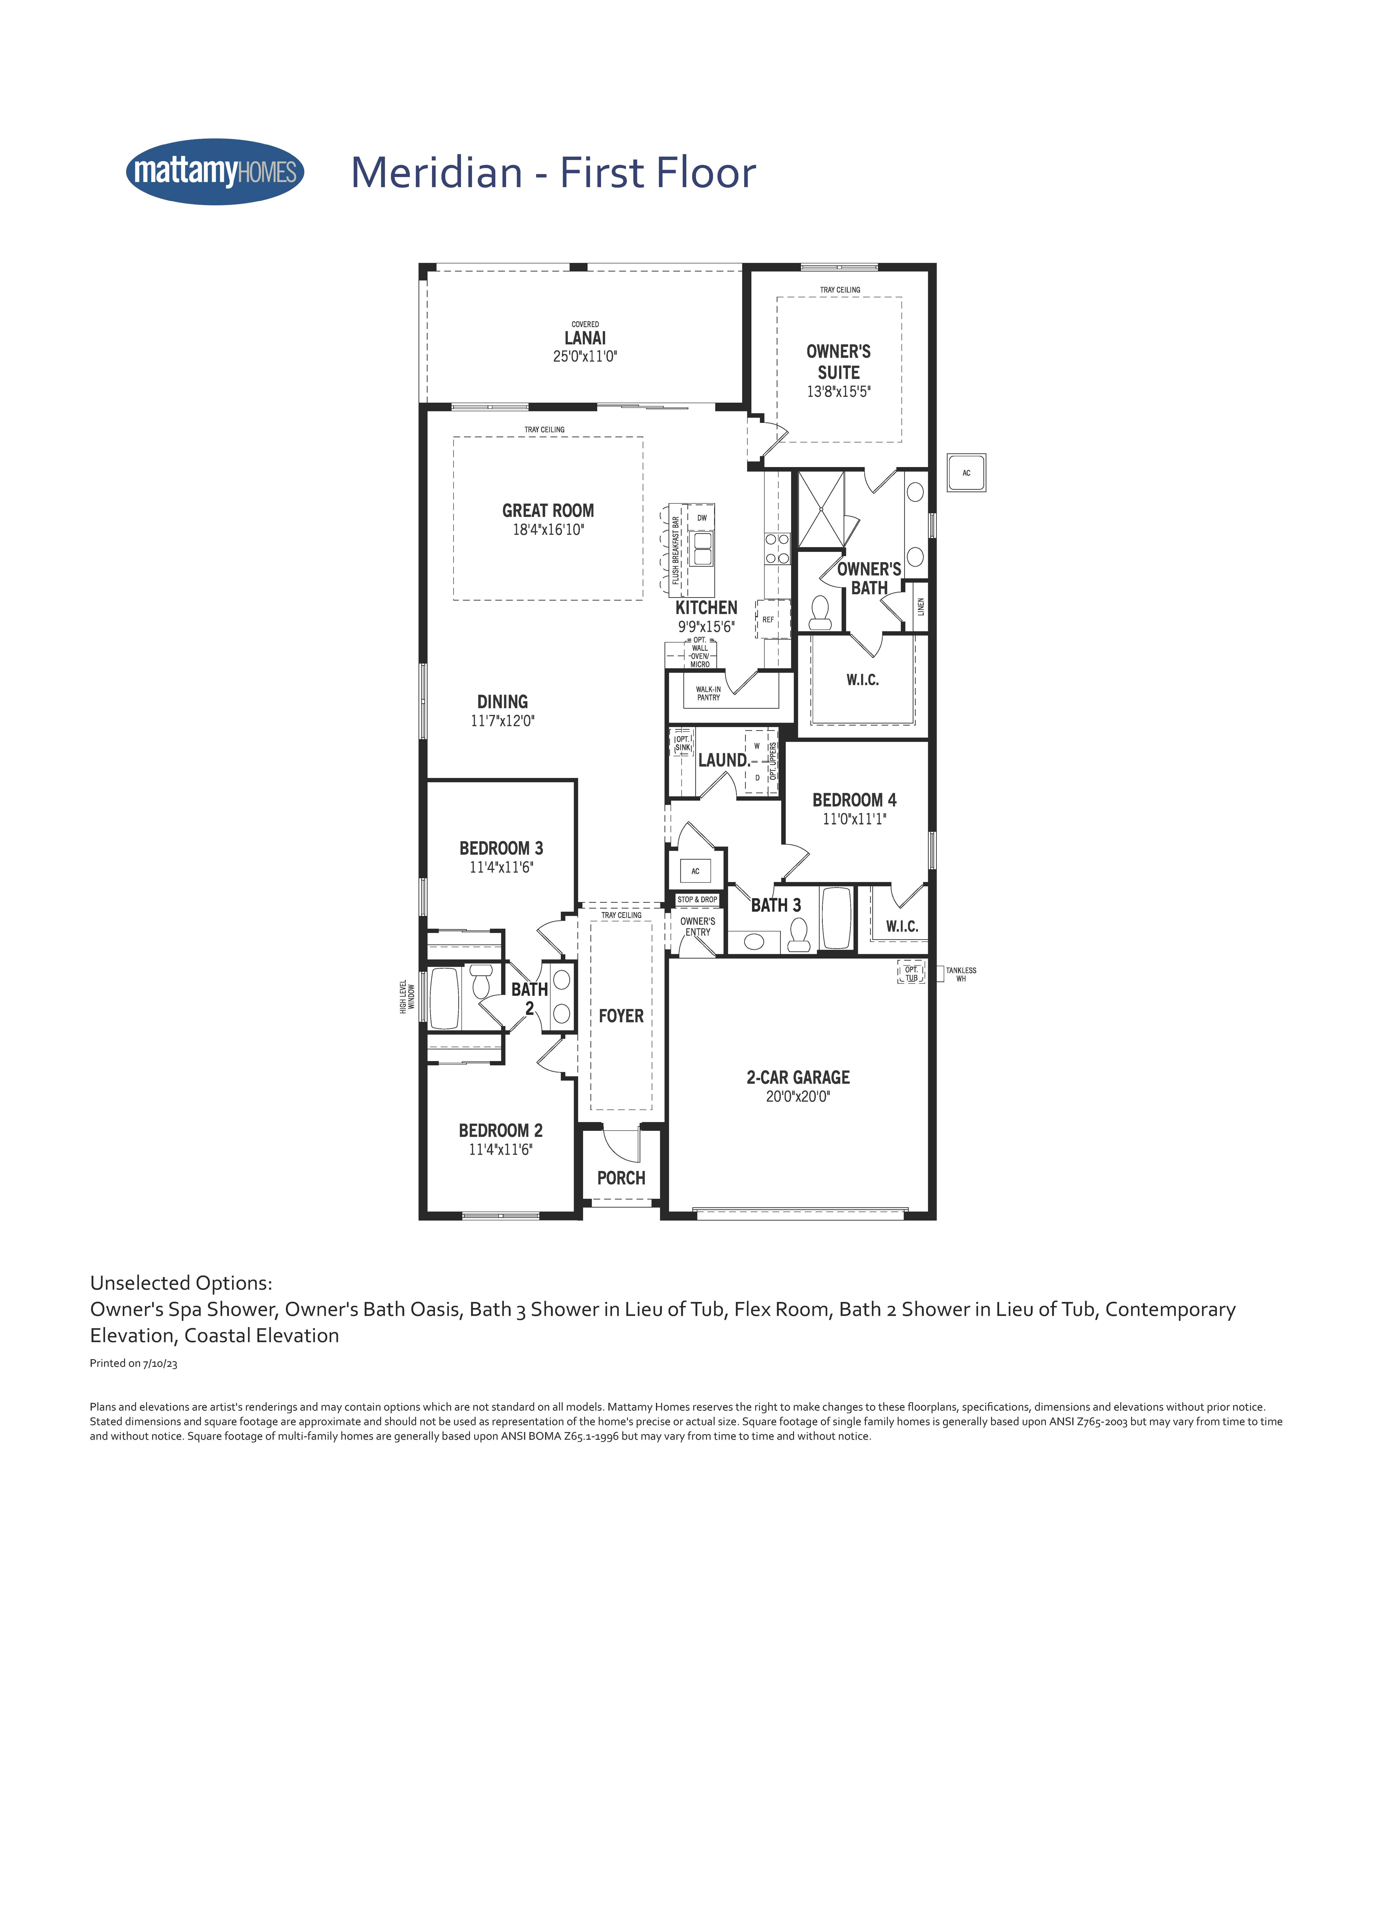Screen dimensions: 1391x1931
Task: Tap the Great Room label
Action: click(x=548, y=511)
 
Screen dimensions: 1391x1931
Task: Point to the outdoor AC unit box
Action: click(x=966, y=473)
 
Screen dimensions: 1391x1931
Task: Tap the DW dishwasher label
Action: click(x=702, y=518)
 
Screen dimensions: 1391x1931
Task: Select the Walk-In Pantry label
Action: click(x=708, y=693)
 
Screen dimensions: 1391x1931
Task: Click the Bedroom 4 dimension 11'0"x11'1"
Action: click(x=854, y=819)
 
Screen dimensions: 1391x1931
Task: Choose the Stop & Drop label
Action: click(x=698, y=899)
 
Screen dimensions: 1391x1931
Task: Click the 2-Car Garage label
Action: click(x=798, y=1077)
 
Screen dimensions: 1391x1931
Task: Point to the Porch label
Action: click(x=621, y=1178)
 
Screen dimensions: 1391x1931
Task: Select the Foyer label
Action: click(x=621, y=1016)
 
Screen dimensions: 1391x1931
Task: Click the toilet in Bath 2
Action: click(x=481, y=982)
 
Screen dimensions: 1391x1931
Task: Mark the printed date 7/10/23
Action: click(x=160, y=1363)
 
